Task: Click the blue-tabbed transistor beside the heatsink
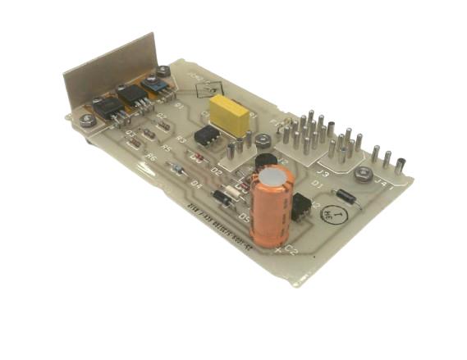pos(153,84)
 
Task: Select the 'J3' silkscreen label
pos(323,173)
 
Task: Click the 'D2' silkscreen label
pos(217,171)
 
